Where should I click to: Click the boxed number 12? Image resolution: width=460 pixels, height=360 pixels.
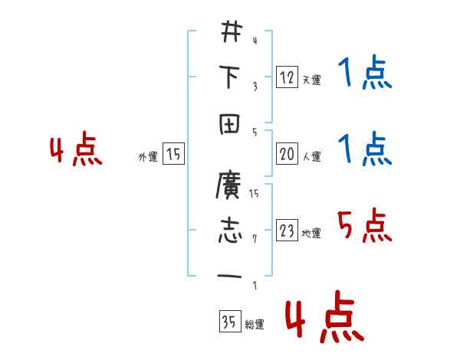[x=287, y=77]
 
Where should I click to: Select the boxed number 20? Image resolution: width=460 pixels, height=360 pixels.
[x=287, y=155]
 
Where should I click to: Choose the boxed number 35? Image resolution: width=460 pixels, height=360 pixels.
[x=228, y=322]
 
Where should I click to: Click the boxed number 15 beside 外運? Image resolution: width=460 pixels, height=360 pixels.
[x=174, y=155]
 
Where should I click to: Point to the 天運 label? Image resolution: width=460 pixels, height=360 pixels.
[x=311, y=80]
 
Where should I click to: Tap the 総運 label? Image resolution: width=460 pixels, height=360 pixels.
[x=254, y=325]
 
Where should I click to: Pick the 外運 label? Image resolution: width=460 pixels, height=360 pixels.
[x=148, y=157]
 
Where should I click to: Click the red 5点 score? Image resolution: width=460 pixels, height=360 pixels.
[x=364, y=225]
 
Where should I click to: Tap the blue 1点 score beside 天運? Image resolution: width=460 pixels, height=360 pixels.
[x=364, y=75]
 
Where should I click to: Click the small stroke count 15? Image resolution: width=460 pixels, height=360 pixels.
[x=254, y=195]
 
